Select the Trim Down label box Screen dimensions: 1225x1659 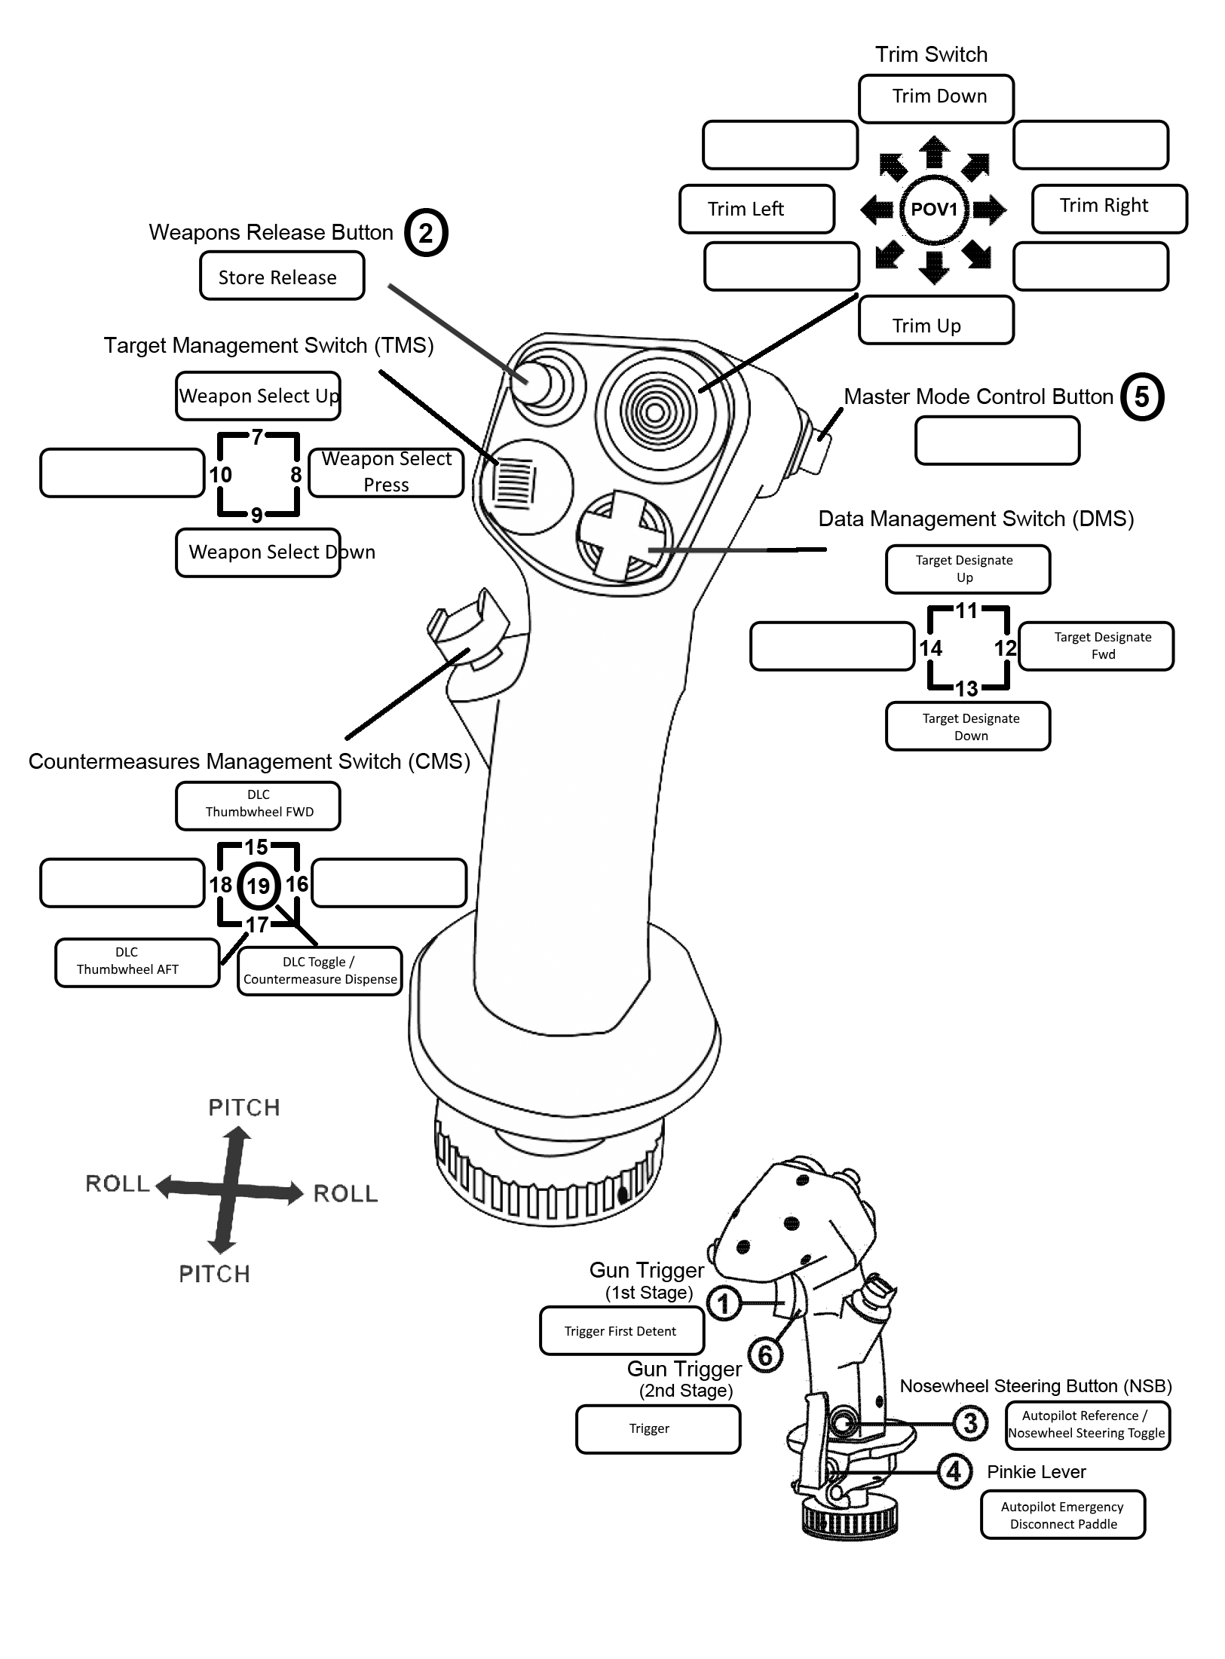click(x=936, y=99)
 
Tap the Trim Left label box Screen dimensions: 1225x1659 click(x=757, y=209)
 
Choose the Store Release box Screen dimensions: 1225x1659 click(x=282, y=276)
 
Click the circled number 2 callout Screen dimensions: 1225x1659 click(x=426, y=233)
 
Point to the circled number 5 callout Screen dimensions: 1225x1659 click(x=1142, y=396)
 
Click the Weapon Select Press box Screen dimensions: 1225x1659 click(x=386, y=473)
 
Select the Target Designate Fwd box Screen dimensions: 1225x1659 click(x=1096, y=646)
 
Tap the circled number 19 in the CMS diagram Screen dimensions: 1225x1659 click(x=259, y=886)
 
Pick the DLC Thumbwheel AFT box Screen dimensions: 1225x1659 click(x=137, y=963)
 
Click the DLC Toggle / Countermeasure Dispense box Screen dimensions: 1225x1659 click(x=320, y=971)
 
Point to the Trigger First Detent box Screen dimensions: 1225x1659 click(x=622, y=1330)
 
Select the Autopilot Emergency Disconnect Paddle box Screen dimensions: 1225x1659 click(x=1063, y=1515)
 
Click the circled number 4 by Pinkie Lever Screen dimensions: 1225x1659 click(x=954, y=1471)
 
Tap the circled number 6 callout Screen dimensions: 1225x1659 click(x=765, y=1355)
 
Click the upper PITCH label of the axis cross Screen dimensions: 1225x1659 click(x=244, y=1107)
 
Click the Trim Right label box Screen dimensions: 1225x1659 click(x=1110, y=209)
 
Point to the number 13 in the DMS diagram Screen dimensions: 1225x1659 click(x=966, y=688)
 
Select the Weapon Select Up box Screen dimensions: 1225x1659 click(x=258, y=396)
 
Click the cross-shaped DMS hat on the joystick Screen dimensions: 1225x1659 click(x=623, y=537)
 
